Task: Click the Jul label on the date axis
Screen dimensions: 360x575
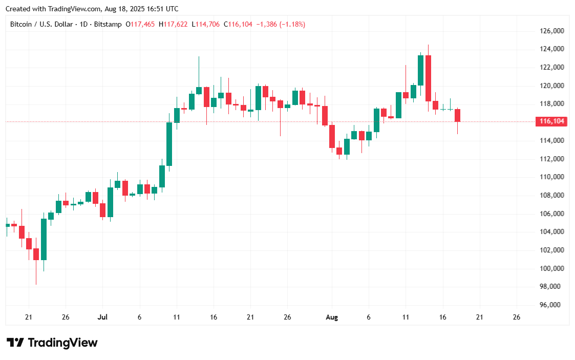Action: coord(102,317)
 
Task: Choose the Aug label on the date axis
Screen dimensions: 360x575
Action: coord(332,317)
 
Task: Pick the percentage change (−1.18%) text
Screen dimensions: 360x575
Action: coord(292,24)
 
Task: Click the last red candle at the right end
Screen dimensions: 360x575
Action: coord(457,115)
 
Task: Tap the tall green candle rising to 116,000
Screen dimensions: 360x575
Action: coord(169,144)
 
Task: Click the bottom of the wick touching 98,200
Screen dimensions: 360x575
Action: coord(36,284)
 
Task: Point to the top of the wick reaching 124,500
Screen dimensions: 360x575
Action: coord(428,45)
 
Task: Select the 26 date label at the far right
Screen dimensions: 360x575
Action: coord(516,317)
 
